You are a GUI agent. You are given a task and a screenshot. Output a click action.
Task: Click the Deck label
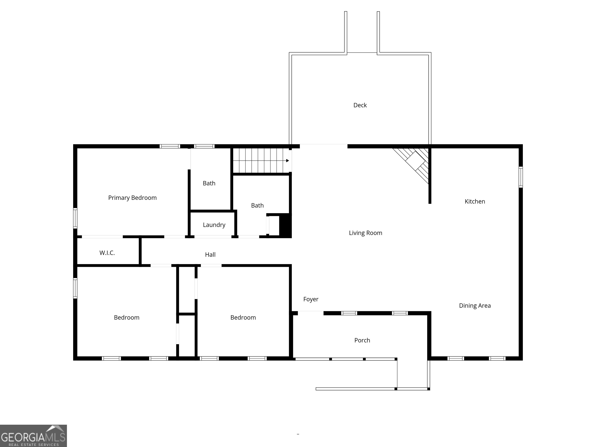[360, 105]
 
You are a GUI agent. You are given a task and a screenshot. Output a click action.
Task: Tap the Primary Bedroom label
[132, 198]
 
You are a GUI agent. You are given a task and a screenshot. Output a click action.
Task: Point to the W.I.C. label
[107, 253]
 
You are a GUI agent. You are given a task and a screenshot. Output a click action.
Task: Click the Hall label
[210, 255]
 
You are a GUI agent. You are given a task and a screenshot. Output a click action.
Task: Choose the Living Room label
[365, 233]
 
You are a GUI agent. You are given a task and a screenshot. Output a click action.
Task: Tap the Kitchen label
[475, 202]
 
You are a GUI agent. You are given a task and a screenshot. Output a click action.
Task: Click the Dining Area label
[475, 306]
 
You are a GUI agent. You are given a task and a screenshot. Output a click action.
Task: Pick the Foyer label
[311, 299]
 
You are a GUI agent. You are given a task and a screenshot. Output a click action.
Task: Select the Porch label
[362, 340]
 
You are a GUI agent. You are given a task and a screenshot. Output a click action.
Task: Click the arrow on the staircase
[288, 161]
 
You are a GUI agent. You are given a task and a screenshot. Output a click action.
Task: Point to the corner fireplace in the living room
[415, 161]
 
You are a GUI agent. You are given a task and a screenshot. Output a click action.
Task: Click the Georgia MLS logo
[33, 436]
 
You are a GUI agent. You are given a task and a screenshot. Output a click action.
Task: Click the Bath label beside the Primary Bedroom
[209, 183]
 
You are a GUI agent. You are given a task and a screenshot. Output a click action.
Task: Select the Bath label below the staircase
[257, 206]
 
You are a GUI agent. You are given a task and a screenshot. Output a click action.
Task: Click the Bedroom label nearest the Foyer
[243, 317]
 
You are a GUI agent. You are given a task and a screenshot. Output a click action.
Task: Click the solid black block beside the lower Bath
[285, 225]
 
